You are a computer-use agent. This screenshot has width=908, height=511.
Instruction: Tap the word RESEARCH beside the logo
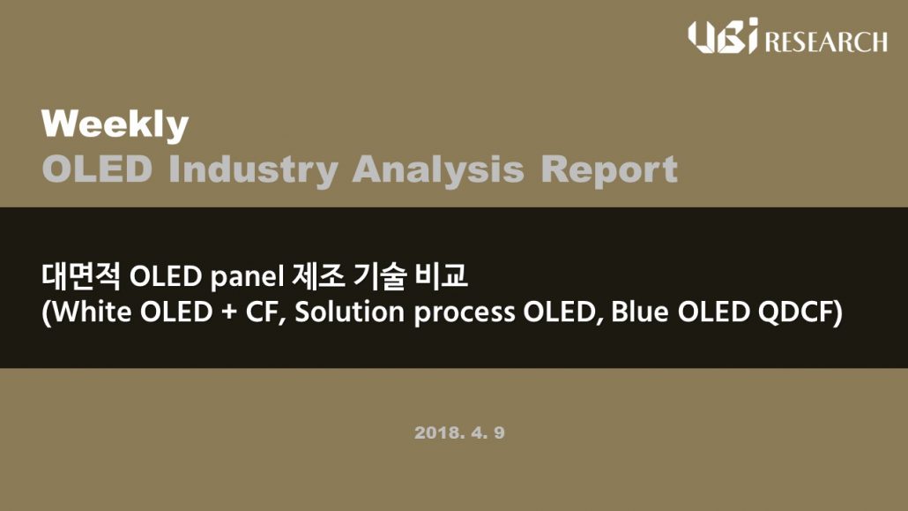tap(826, 42)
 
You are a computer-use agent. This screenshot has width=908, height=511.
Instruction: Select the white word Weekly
tap(115, 125)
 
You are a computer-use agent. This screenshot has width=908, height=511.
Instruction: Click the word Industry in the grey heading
tap(253, 169)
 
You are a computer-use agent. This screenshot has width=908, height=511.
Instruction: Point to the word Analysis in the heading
tap(438, 169)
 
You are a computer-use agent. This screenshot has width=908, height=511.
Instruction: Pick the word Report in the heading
tap(609, 170)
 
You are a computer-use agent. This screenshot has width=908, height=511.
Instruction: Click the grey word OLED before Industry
tap(97, 169)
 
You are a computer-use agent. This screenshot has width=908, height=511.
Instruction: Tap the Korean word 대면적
tap(81, 276)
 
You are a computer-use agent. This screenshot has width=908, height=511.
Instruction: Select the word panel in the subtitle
tap(247, 277)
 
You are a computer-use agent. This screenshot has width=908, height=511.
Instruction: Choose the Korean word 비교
tap(442, 276)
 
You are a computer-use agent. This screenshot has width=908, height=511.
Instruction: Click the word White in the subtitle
tap(91, 312)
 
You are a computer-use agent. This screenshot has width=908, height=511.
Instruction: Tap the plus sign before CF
tap(229, 313)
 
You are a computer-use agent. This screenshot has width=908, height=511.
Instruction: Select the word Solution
tap(349, 312)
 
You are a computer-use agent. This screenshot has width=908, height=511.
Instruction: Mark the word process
tap(465, 314)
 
